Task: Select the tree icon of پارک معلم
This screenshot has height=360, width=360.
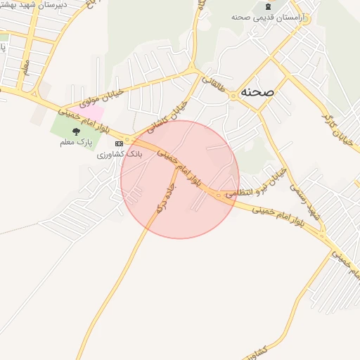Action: [x=76, y=131]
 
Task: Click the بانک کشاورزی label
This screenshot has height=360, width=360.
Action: [x=120, y=153]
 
